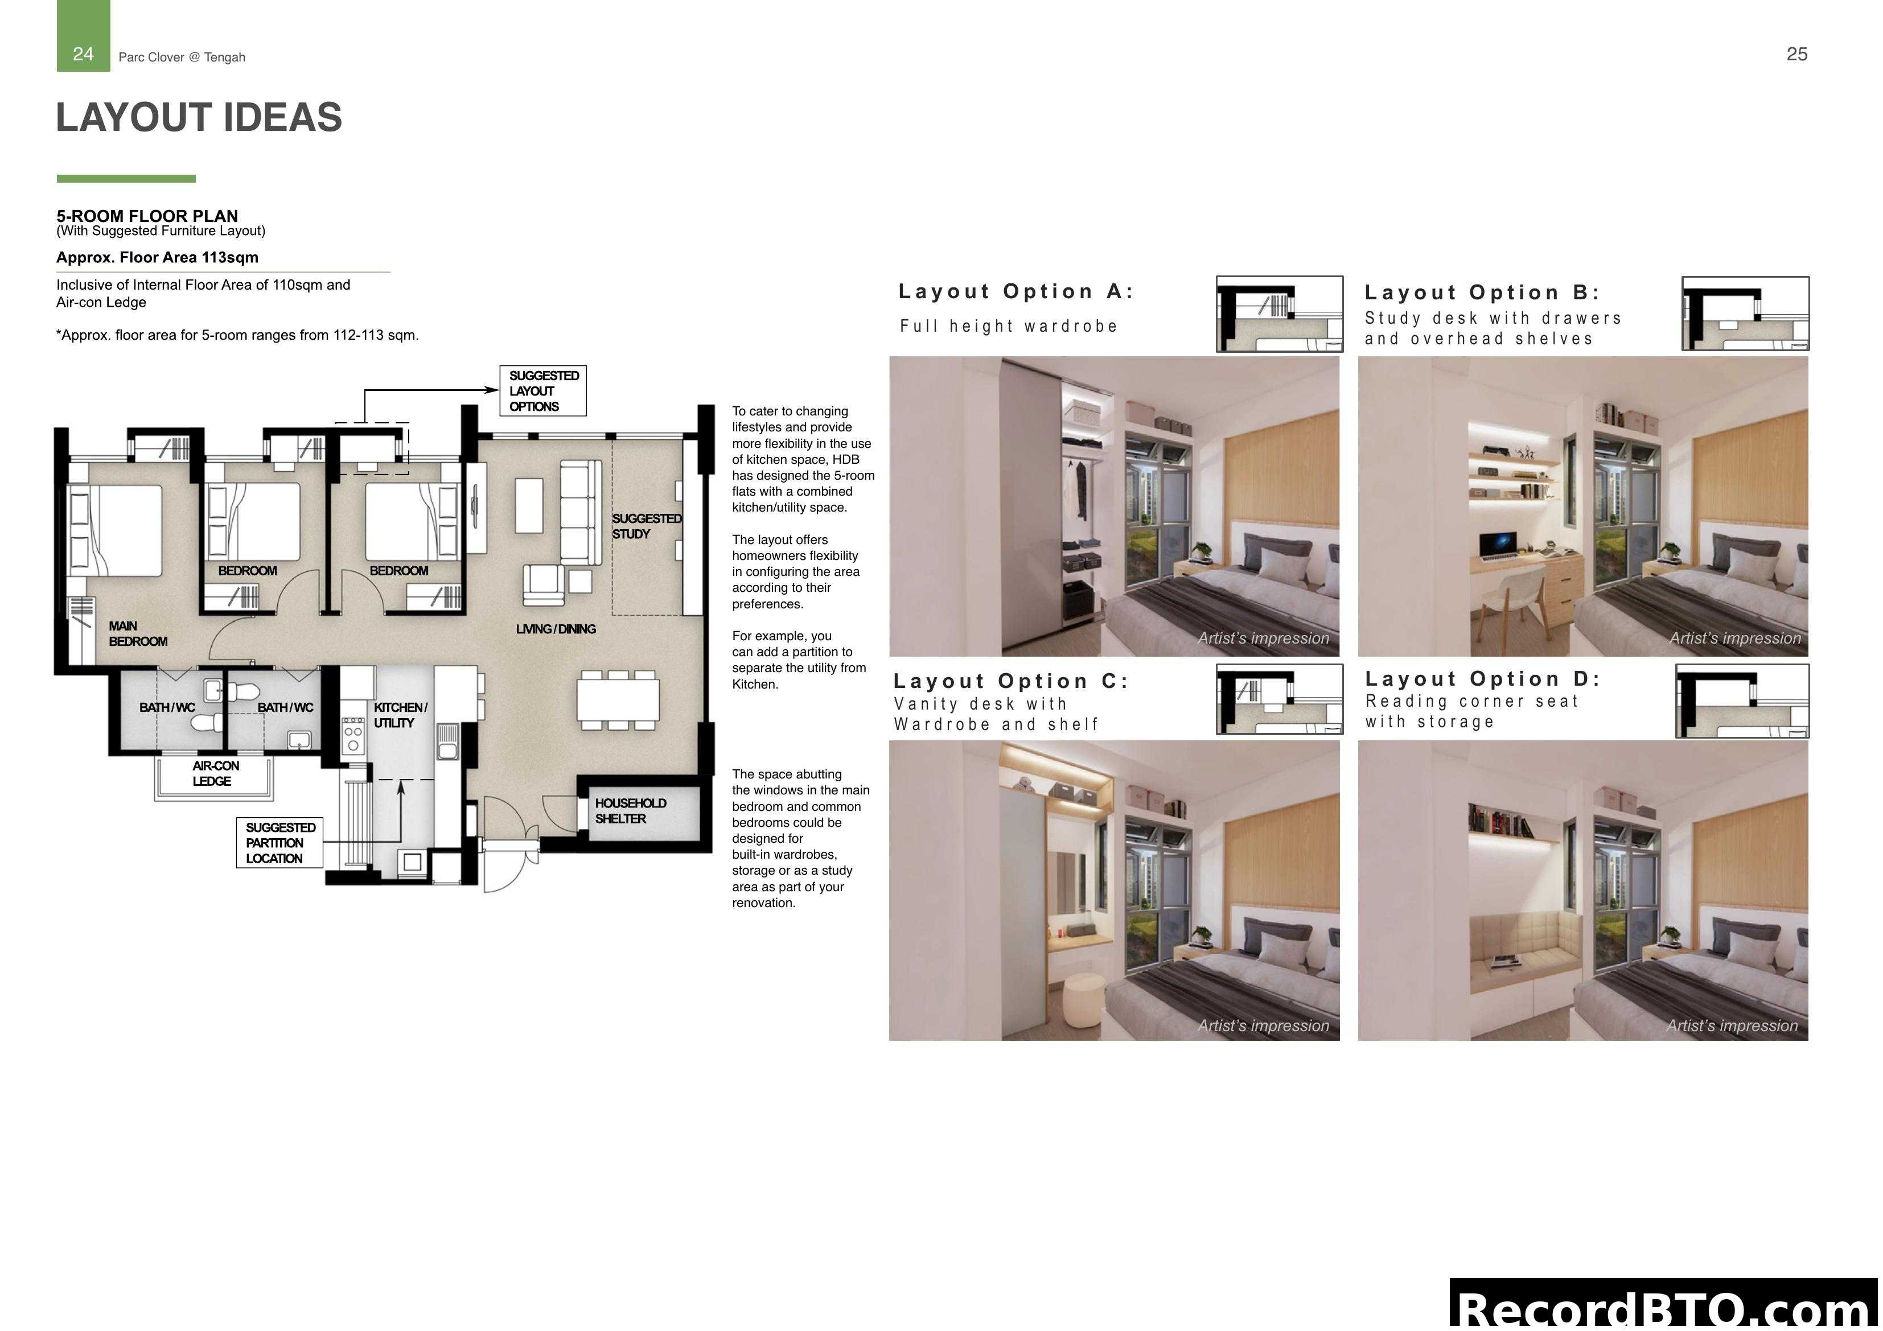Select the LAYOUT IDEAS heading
click(x=199, y=117)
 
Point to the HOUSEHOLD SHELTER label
click(x=630, y=811)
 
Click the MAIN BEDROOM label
click(x=137, y=634)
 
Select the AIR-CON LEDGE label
click(x=215, y=773)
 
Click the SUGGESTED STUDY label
click(x=646, y=526)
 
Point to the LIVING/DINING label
click(x=555, y=629)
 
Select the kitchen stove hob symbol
click(x=353, y=735)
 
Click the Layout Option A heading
click(x=1015, y=292)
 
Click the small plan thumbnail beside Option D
click(x=1742, y=701)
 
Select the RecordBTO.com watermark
click(x=1664, y=1307)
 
